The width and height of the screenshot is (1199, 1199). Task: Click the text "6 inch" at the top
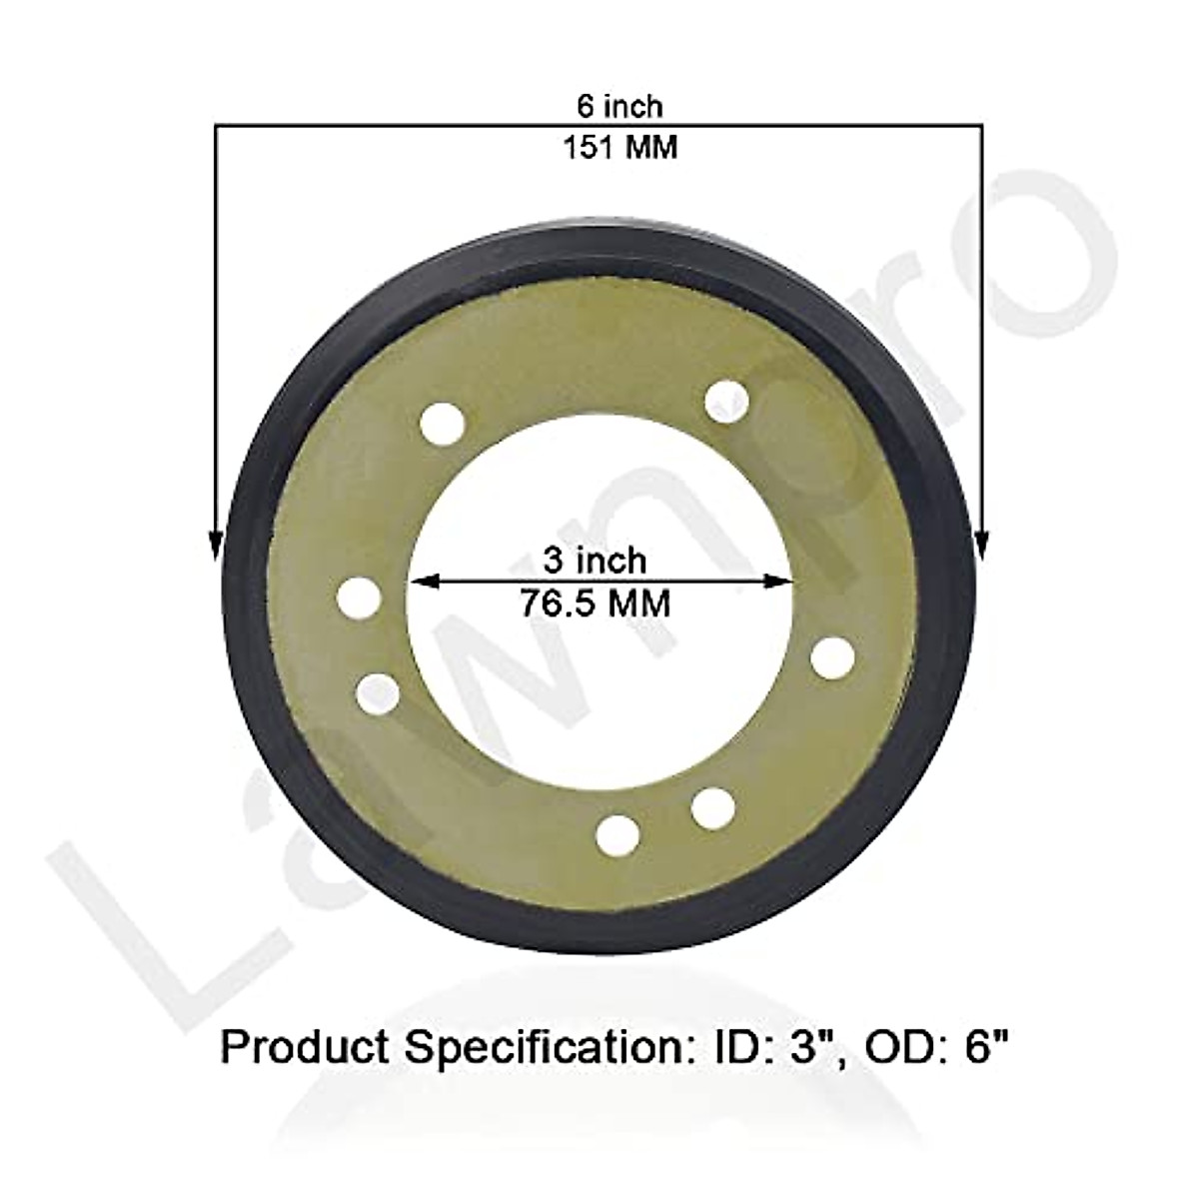618,104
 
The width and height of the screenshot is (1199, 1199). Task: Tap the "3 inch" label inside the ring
594,560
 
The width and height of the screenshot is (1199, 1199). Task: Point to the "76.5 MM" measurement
595,603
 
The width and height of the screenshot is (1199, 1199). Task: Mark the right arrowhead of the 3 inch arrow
780,582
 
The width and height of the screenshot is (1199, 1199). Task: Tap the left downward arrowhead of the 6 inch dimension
215,545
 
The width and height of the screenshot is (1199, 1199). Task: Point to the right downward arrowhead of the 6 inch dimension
982,545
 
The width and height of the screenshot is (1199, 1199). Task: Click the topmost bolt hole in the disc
726,402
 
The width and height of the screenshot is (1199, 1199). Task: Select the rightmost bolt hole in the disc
832,658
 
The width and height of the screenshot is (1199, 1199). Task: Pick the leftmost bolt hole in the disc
359,599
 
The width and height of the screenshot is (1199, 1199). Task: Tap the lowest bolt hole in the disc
617,831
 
